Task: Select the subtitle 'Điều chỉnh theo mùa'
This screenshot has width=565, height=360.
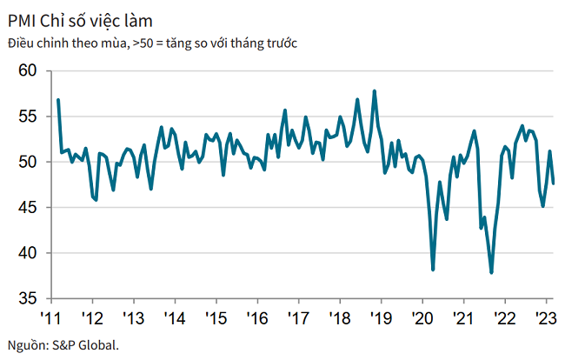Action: (x=65, y=43)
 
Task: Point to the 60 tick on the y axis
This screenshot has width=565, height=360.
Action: (x=29, y=70)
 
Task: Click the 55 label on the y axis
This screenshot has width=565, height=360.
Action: (x=29, y=116)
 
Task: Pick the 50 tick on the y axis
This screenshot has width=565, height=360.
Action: (x=29, y=162)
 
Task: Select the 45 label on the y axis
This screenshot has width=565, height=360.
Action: (x=29, y=207)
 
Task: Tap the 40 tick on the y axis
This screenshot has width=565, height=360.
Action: (x=29, y=253)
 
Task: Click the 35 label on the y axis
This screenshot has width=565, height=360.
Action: (x=29, y=298)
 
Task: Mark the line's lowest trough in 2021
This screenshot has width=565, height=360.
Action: (x=492, y=273)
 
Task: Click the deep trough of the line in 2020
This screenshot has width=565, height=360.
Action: (x=433, y=270)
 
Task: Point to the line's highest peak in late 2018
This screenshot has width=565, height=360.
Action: (x=375, y=90)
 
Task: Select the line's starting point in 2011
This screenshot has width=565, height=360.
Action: (x=57, y=99)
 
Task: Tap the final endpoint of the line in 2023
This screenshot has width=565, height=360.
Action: (x=555, y=183)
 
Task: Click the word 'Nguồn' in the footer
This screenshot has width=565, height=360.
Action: (x=24, y=344)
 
